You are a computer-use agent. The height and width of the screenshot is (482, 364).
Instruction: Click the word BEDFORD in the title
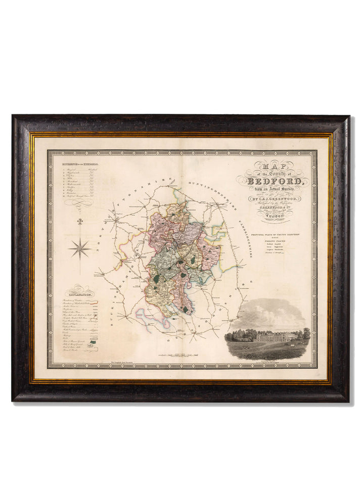point(276,181)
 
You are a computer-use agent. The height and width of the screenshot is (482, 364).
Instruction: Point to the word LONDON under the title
point(276,216)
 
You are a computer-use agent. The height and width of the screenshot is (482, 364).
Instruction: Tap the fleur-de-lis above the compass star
point(80,222)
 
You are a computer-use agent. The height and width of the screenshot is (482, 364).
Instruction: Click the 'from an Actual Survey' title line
point(276,190)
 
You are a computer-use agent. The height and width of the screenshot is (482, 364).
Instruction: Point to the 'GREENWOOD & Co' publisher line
point(276,206)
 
